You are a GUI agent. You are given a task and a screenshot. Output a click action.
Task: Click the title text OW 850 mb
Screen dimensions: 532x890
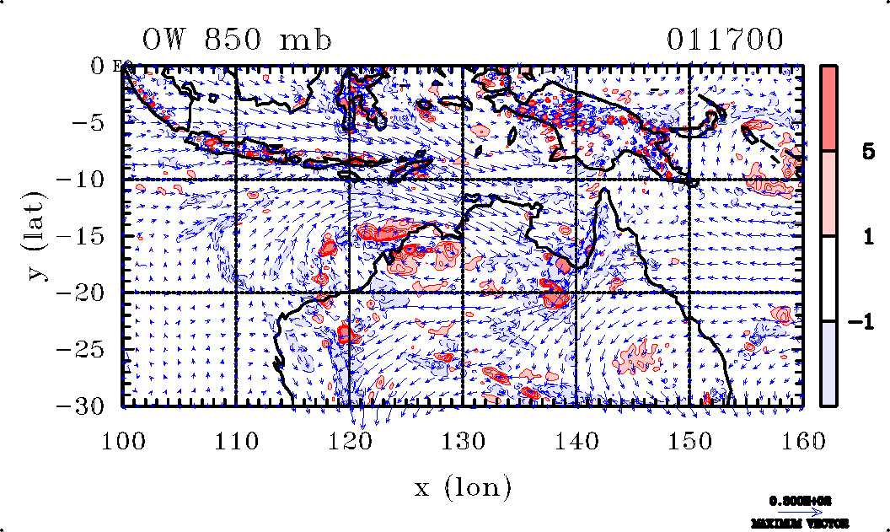[x=237, y=40]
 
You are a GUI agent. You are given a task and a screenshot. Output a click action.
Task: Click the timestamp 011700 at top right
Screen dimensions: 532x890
[x=726, y=40]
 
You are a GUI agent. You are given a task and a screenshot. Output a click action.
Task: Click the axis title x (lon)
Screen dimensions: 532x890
[x=463, y=486]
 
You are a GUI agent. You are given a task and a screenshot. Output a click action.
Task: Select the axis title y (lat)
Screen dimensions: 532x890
[x=35, y=236]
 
